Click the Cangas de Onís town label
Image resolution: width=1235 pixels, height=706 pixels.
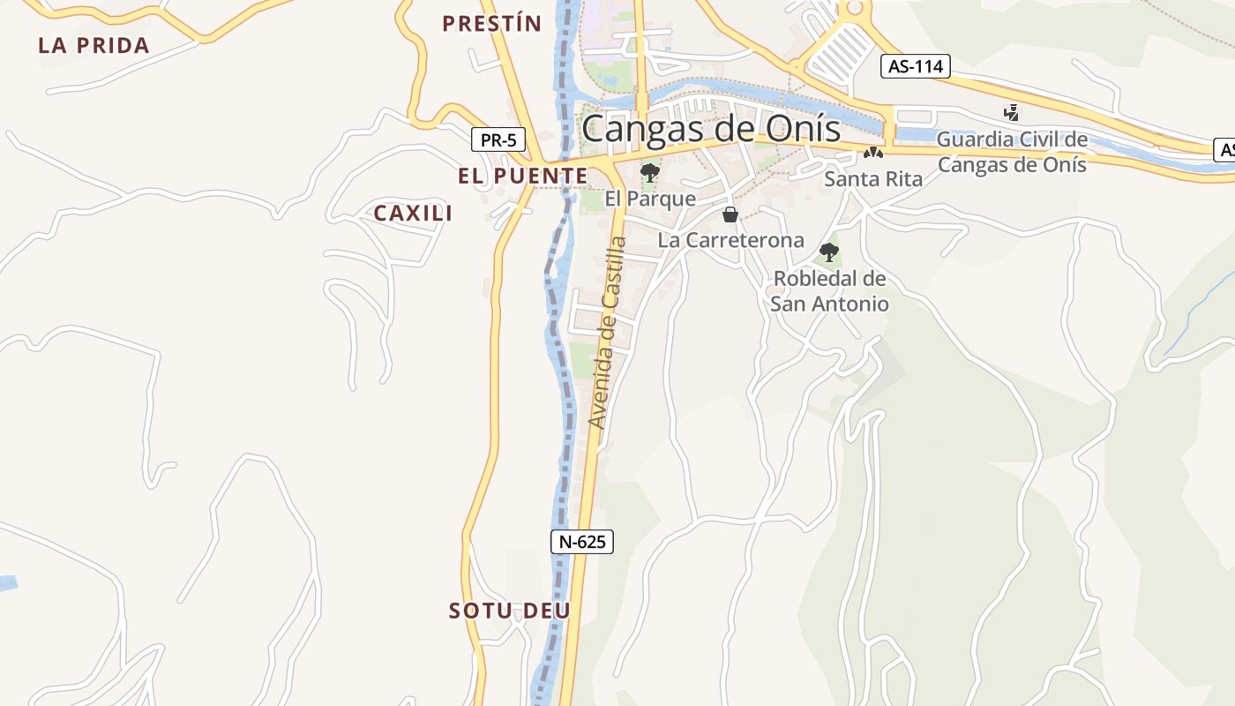pyautogui.click(x=711, y=129)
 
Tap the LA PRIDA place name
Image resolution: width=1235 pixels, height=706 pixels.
pyautogui.click(x=94, y=46)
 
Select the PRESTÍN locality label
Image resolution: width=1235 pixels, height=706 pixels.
pyautogui.click(x=491, y=24)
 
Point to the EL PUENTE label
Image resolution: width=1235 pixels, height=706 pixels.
pyautogui.click(x=522, y=176)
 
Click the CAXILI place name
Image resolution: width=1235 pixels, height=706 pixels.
pyautogui.click(x=413, y=213)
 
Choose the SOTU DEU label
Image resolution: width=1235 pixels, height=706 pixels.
pyautogui.click(x=510, y=611)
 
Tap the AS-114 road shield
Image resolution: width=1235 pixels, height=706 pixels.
pyautogui.click(x=915, y=66)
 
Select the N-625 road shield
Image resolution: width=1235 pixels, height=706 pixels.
pyautogui.click(x=582, y=541)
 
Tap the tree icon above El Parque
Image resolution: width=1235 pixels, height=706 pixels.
pyautogui.click(x=650, y=172)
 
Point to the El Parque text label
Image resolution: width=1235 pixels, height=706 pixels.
pyautogui.click(x=650, y=199)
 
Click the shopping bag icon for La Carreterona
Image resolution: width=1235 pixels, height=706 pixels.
pyautogui.click(x=730, y=214)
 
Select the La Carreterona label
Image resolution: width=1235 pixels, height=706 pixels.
pyautogui.click(x=731, y=240)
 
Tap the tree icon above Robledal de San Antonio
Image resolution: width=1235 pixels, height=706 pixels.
pyautogui.click(x=829, y=252)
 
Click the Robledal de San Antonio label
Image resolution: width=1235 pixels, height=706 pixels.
pyautogui.click(x=829, y=291)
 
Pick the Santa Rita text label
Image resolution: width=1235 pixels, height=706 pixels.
pyautogui.click(x=873, y=179)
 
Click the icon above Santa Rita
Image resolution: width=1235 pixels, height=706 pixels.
pyautogui.click(x=873, y=153)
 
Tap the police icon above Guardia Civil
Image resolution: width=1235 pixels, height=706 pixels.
pyautogui.click(x=1012, y=113)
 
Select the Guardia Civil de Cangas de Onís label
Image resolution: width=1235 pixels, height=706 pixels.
pyautogui.click(x=1012, y=152)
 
